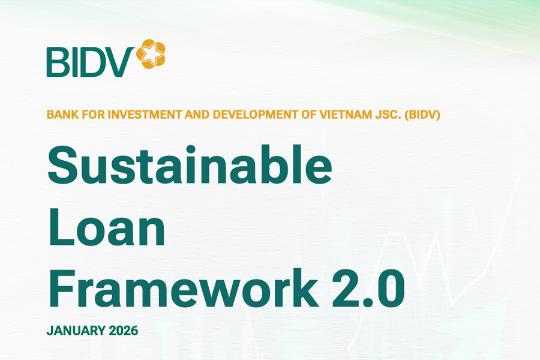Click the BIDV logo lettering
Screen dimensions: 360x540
pos(91,61)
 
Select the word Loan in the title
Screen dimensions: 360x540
pos(106,230)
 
